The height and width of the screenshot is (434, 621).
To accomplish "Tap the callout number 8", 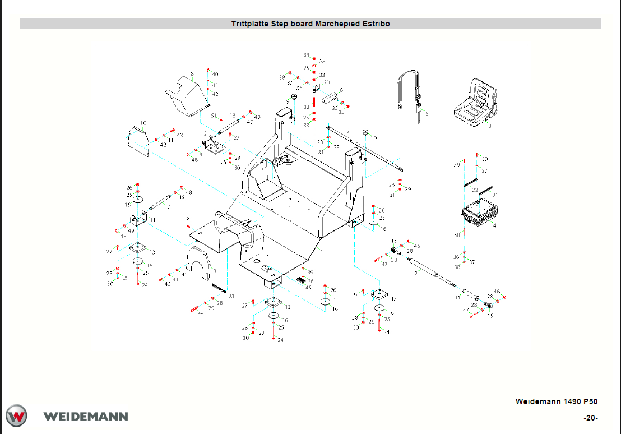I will (192, 73).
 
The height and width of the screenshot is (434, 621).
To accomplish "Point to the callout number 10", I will (143, 123).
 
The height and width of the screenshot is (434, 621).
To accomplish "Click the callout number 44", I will (201, 314).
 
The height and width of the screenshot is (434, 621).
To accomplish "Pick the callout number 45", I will (308, 287).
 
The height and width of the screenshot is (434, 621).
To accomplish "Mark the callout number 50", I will (457, 235).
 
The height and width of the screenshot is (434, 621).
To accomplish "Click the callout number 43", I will (180, 135).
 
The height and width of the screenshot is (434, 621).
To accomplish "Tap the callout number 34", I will (307, 55).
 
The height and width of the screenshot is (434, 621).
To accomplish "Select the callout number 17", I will (167, 207).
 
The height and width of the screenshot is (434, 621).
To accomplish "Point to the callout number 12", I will (204, 133).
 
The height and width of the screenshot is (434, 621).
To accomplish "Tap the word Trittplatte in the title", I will (250, 24).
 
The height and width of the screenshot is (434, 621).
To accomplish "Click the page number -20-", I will (591, 418).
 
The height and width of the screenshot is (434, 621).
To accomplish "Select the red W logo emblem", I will (17, 416).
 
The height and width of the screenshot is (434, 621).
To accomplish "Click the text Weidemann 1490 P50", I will (556, 401).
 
